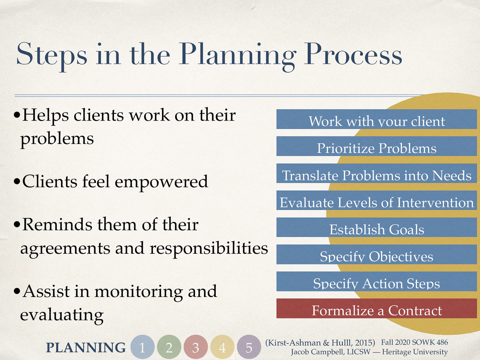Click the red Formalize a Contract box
tap(376, 309)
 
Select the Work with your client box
tap(376, 119)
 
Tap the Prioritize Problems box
tap(376, 146)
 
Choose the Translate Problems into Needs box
tap(376, 173)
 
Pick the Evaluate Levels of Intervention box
tap(376, 200)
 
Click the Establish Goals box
tap(376, 227)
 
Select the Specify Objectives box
tap(376, 254)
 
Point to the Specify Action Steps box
tap(376, 281)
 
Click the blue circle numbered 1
tap(142, 347)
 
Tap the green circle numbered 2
tap(169, 347)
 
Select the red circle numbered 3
tap(196, 347)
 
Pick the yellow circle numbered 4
tap(222, 347)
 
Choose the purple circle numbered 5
tap(249, 347)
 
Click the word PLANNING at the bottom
tap(86, 348)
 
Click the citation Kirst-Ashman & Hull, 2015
tap(320, 343)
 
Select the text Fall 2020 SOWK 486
tap(414, 342)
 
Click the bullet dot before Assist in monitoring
tap(17, 291)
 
